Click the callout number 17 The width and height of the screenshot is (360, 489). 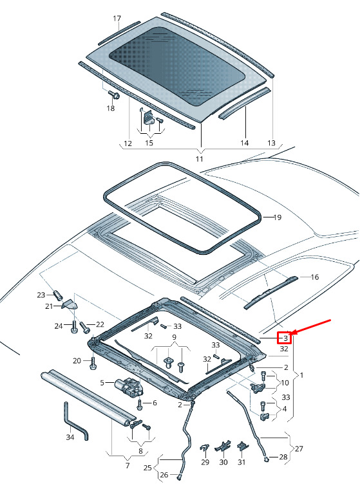click(117, 18)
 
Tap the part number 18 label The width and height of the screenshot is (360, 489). click(111, 108)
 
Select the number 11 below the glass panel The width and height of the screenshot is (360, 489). click(200, 158)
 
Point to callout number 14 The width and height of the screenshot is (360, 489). click(244, 142)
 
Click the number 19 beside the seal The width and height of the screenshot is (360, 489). click(278, 217)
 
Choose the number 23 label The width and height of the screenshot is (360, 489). click(41, 295)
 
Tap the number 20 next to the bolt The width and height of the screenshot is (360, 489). click(78, 360)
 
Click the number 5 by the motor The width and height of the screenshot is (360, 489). click(102, 382)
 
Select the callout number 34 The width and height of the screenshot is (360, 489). click(70, 438)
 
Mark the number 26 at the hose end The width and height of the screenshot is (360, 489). click(164, 475)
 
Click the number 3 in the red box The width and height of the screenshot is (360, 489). click(285, 337)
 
